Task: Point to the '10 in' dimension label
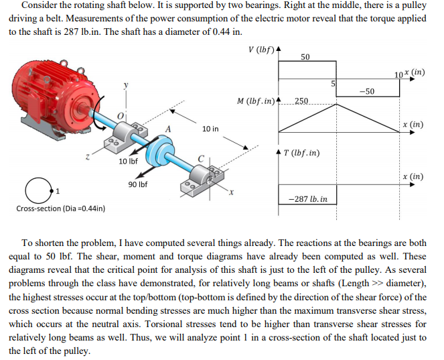[x=210, y=127]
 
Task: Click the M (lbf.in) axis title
[x=255, y=101]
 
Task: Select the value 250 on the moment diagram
[x=301, y=101]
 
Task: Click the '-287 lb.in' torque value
[x=307, y=199]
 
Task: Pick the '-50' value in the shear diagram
[x=366, y=91]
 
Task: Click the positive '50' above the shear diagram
[x=305, y=57]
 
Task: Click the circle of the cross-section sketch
[x=34, y=190]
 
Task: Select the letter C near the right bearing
[x=200, y=158]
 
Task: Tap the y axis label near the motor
[x=123, y=85]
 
